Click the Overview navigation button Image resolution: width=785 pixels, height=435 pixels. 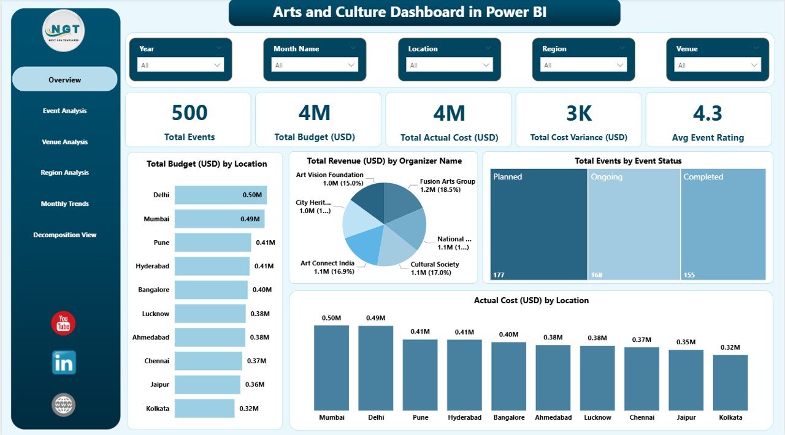click(64, 80)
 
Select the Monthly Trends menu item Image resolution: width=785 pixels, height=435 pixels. click(64, 203)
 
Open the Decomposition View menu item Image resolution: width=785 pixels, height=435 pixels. click(64, 235)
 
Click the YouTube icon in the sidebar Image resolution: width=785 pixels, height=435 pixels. click(63, 323)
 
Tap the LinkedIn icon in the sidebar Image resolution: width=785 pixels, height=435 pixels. click(64, 363)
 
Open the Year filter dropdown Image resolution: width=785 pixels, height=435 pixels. click(180, 65)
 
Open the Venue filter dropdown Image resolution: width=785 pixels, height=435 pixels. click(718, 65)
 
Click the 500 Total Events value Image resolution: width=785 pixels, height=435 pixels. click(189, 113)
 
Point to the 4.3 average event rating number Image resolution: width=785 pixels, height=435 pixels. click(708, 113)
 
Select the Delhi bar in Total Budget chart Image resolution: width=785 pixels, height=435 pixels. click(220, 195)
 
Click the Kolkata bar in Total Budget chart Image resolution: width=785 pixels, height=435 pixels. click(204, 408)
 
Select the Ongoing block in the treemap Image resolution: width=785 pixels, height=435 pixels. click(634, 224)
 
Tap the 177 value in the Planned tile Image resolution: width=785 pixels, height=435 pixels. click(499, 275)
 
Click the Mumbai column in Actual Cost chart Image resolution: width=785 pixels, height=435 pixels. click(331, 368)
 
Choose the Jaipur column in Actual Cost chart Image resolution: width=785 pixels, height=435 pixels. click(686, 380)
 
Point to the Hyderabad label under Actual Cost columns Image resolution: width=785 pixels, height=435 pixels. click(464, 417)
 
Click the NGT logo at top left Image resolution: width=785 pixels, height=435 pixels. click(63, 31)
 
